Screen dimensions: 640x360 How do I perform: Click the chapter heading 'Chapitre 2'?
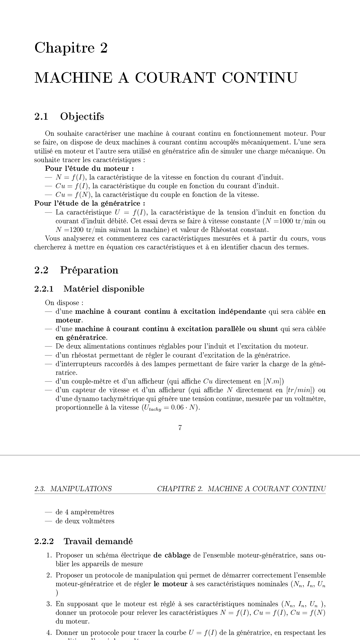(71, 48)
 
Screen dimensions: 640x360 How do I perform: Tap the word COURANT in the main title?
(175, 78)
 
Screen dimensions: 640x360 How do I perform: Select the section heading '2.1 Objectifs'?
(69, 117)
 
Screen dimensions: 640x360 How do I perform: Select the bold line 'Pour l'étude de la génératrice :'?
(90, 203)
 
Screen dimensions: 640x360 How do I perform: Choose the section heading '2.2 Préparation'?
(76, 270)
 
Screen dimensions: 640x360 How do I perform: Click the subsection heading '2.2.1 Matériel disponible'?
(89, 289)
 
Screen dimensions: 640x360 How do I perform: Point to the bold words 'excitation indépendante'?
(223, 312)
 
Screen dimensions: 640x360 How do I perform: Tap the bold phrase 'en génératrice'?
(81, 338)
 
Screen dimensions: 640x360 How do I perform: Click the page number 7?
(180, 428)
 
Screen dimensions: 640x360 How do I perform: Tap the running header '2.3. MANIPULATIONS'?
(73, 489)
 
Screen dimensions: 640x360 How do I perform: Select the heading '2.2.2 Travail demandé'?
(83, 541)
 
